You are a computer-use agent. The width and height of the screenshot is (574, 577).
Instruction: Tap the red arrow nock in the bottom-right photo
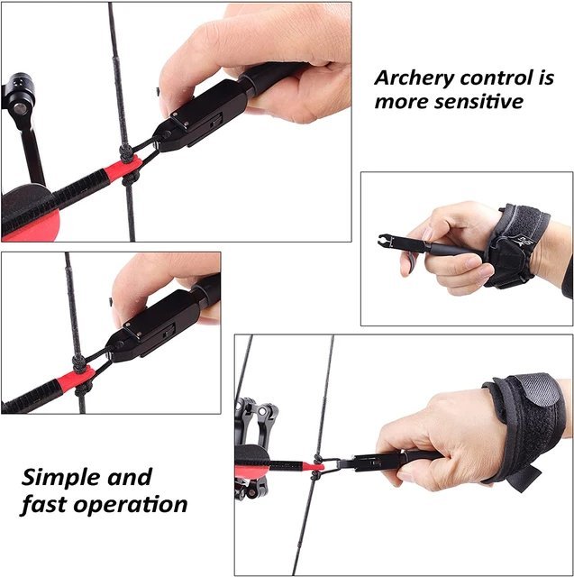[x=314, y=467]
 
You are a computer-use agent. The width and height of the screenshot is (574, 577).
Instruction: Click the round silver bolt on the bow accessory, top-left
[x=19, y=108]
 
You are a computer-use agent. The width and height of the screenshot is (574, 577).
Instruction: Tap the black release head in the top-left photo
[x=200, y=117]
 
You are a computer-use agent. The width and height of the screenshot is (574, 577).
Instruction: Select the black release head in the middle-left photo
[x=153, y=326]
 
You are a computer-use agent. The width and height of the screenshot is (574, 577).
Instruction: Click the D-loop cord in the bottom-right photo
[x=330, y=465]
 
